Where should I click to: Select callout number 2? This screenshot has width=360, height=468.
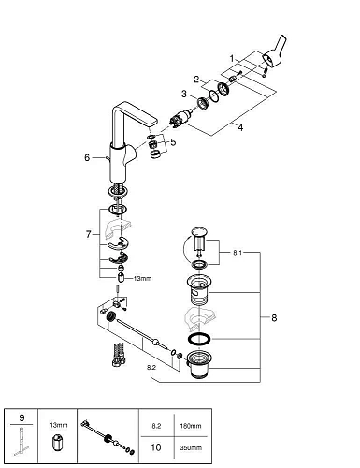196,79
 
